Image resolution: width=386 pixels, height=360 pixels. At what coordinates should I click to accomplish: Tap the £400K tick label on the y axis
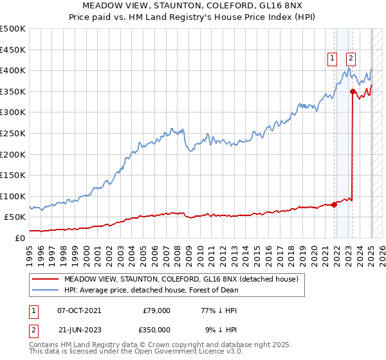point(13,70)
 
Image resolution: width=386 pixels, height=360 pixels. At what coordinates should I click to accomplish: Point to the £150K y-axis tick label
point(13,175)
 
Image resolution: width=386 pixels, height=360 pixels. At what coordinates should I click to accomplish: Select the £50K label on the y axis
point(15,217)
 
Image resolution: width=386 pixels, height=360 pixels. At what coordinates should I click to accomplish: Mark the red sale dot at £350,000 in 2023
point(353,91)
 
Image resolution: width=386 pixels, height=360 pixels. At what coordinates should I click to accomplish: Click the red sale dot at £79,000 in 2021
point(335,205)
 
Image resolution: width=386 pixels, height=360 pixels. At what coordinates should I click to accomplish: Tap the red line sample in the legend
point(45,280)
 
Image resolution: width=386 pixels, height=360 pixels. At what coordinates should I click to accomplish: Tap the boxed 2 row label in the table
point(33,328)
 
